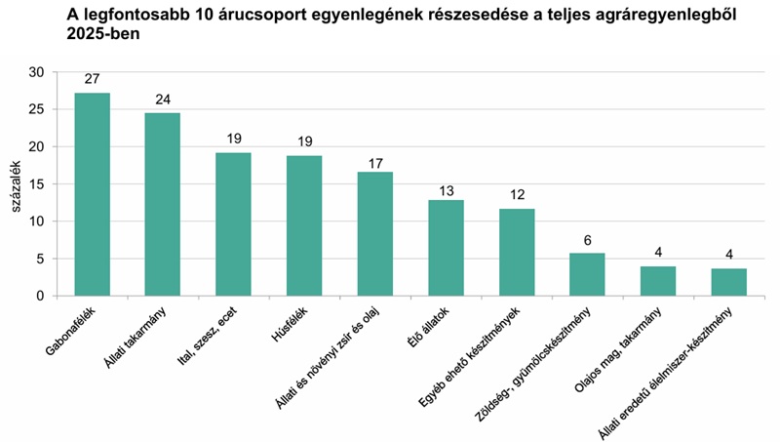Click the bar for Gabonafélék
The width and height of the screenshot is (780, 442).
(x=92, y=194)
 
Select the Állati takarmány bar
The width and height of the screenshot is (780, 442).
(x=163, y=204)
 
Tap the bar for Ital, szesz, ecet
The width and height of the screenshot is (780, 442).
(x=233, y=223)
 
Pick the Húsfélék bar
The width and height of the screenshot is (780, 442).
(x=304, y=225)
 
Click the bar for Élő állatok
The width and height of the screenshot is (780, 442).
(x=446, y=248)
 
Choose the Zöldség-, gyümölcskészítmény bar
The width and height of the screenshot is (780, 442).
(x=587, y=274)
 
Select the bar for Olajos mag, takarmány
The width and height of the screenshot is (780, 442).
(x=658, y=281)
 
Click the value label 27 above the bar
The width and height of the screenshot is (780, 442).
(x=92, y=79)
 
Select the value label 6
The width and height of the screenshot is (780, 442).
(x=587, y=239)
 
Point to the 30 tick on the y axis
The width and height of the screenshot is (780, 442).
(x=36, y=72)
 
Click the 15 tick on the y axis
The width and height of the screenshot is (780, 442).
(x=36, y=183)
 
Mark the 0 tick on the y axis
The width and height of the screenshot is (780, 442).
(x=40, y=296)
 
